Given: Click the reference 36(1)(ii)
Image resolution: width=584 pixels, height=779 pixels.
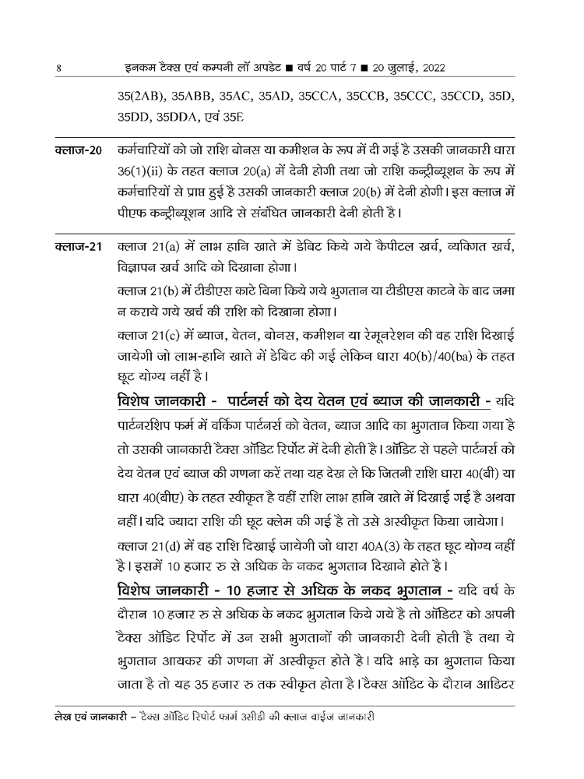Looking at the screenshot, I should pyautogui.click(x=145, y=170).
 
